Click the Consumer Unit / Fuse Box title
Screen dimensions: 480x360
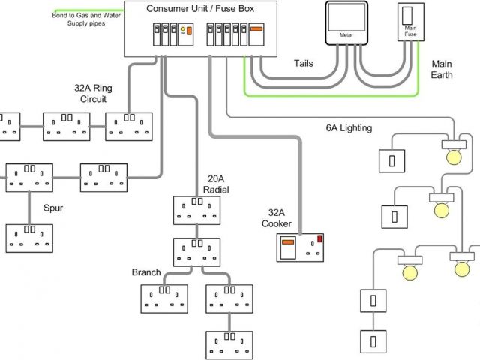pyautogui.click(x=200, y=8)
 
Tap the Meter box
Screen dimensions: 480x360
pyautogui.click(x=346, y=23)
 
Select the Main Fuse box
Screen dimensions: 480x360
pyautogui.click(x=411, y=22)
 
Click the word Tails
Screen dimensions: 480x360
pyautogui.click(x=304, y=63)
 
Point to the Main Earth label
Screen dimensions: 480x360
pyautogui.click(x=442, y=69)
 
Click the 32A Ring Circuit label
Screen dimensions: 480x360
pyautogui.click(x=93, y=93)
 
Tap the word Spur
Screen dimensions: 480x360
pyautogui.click(x=53, y=208)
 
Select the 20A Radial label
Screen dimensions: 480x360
pyautogui.click(x=216, y=184)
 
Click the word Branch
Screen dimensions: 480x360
pyautogui.click(x=146, y=272)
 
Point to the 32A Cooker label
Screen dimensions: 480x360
pyautogui.click(x=277, y=218)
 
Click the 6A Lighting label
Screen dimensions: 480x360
pyautogui.click(x=349, y=128)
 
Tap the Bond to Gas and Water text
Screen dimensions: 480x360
pyautogui.click(x=86, y=15)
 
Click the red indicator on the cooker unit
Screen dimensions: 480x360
pyautogui.click(x=319, y=238)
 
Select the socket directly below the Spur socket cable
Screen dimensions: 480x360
pyautogui.click(x=29, y=238)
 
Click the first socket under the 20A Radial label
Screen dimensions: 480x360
pyautogui.click(x=196, y=211)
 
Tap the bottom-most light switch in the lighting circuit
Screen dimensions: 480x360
pyautogui.click(x=373, y=341)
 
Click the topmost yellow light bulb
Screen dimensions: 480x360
pyautogui.click(x=454, y=157)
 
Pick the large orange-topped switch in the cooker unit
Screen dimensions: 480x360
pyautogui.click(x=288, y=247)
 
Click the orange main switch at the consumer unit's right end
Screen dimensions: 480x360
pyautogui.click(x=256, y=34)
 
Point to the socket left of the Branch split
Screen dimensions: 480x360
pyautogui.click(x=164, y=298)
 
